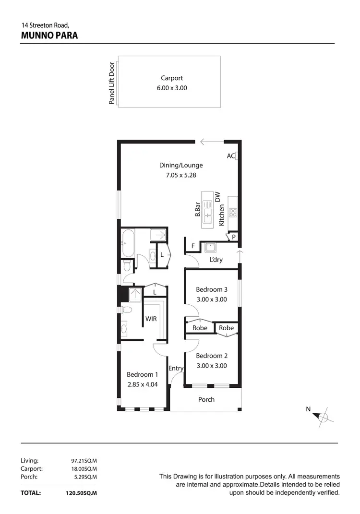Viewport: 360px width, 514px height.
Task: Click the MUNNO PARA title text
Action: [x=50, y=36]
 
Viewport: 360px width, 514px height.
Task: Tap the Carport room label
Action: [x=172, y=78]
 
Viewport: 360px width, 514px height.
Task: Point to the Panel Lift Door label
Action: [x=112, y=83]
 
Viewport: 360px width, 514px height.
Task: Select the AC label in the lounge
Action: [x=230, y=156]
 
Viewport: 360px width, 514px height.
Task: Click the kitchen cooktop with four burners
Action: [x=233, y=212]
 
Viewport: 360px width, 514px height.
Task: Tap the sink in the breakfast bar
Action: [x=207, y=212]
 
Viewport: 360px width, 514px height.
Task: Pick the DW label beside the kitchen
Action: [x=217, y=196]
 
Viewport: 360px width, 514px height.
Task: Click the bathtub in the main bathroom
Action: [x=128, y=243]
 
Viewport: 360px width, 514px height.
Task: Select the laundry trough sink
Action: [x=210, y=248]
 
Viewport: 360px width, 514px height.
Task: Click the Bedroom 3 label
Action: [x=212, y=289]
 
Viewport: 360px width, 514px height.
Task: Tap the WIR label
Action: [x=151, y=319]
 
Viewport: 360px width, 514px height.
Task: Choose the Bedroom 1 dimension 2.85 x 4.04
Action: [x=142, y=384]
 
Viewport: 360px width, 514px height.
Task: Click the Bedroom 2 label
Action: [x=212, y=356]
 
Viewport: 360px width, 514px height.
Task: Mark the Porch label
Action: [x=206, y=399]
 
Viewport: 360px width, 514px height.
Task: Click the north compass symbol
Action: [x=323, y=416]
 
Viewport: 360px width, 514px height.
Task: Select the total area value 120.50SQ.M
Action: [x=82, y=493]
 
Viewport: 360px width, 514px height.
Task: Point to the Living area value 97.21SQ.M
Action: [x=84, y=460]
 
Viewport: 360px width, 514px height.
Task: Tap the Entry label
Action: [x=176, y=369]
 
